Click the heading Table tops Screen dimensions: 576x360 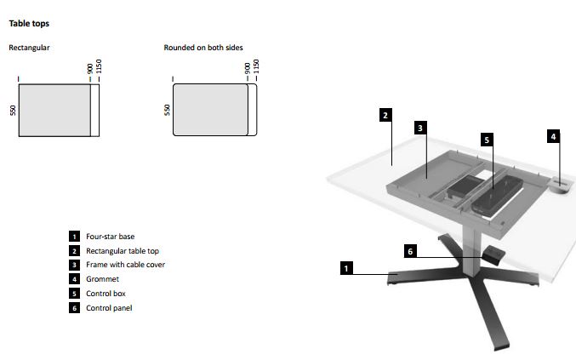point(29,24)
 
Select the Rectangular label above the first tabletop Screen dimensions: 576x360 point(29,48)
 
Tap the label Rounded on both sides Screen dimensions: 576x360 point(203,48)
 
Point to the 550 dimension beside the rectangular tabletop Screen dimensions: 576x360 point(14,110)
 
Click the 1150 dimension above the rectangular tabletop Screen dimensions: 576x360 point(99,66)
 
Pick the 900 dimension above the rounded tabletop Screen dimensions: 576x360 point(248,68)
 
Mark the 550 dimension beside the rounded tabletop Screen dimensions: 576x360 point(168,110)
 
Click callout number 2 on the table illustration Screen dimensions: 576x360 point(385,115)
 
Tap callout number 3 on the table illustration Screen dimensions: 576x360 point(420,128)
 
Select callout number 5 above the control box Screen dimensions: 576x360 point(487,140)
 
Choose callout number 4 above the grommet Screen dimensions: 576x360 point(553,137)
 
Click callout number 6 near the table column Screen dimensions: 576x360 point(410,251)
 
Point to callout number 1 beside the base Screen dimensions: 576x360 point(346,268)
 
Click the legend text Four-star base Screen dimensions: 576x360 point(111,237)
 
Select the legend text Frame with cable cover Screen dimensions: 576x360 point(125,265)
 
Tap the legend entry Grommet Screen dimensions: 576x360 point(102,279)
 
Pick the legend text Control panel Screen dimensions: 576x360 point(109,308)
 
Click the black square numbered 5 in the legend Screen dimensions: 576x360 point(74,293)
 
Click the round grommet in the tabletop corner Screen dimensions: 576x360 point(561,185)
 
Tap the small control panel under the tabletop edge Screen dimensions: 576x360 point(493,254)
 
